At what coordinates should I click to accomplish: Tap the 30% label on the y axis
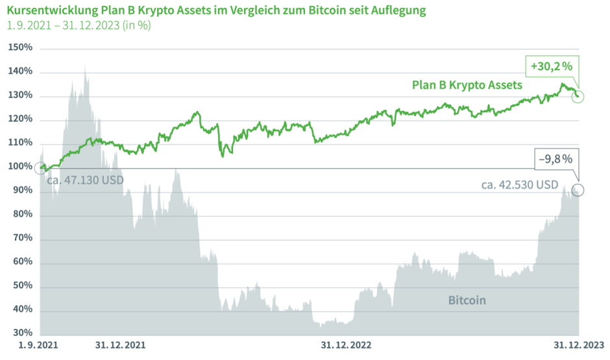point(22,333)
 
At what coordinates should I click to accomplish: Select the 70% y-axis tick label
point(22,239)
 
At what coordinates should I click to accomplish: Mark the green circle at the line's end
point(579,97)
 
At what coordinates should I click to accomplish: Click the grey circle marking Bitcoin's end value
point(578,190)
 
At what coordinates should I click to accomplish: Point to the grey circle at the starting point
point(40,169)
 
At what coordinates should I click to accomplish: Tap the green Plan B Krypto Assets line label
point(467,85)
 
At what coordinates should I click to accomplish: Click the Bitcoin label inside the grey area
point(467,300)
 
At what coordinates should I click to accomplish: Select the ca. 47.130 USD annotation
point(85,180)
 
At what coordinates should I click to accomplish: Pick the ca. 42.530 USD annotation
point(520,185)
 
